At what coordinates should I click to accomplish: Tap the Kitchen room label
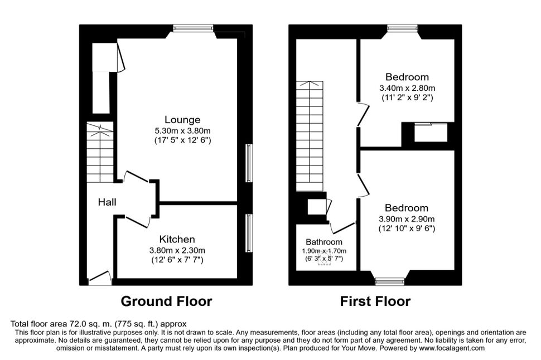coord(177,239)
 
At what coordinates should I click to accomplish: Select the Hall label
coord(107,202)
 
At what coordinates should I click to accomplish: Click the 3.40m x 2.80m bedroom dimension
coord(407,88)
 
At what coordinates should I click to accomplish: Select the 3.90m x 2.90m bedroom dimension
coord(407,218)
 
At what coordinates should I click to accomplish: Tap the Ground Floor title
coord(166,301)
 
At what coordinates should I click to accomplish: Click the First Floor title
coord(375,301)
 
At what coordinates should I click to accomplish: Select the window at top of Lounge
coord(193,28)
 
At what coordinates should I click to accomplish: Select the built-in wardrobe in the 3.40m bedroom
coord(431,133)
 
